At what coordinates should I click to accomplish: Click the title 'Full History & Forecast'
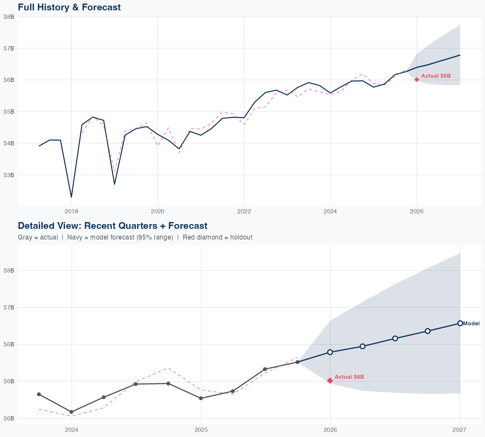(x=69, y=7)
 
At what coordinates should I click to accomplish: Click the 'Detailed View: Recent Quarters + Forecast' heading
(x=113, y=226)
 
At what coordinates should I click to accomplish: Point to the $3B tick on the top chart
(x=9, y=175)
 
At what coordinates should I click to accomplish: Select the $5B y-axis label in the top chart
(x=9, y=112)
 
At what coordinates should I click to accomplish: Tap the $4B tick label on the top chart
(x=9, y=143)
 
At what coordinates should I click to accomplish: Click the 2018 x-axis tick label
(x=71, y=211)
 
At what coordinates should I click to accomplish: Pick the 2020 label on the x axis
(x=157, y=211)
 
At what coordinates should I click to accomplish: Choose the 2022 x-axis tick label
(x=244, y=211)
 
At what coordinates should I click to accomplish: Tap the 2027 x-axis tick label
(x=459, y=430)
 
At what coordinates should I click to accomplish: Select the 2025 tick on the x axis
(x=201, y=430)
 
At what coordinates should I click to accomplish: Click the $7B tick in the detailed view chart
(x=9, y=307)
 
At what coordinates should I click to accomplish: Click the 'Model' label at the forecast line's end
(x=471, y=323)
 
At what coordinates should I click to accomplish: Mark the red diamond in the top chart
(x=417, y=80)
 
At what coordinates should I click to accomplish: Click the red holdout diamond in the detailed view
(x=330, y=381)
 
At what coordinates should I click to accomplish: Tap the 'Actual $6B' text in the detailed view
(x=349, y=377)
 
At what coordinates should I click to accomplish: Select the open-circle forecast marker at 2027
(x=460, y=323)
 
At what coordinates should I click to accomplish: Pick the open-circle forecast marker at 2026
(x=330, y=352)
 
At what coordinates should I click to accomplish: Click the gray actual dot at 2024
(x=71, y=412)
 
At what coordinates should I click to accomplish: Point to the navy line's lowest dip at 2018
(x=71, y=197)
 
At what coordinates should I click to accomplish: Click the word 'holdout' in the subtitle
(x=243, y=237)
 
